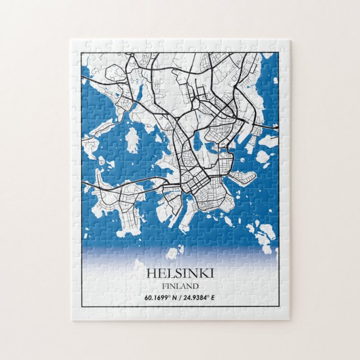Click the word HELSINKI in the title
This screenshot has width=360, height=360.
click(x=180, y=273)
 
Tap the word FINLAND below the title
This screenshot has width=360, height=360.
click(x=180, y=286)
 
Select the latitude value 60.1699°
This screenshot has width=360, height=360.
click(x=158, y=297)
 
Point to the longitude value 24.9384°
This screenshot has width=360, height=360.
click(x=196, y=297)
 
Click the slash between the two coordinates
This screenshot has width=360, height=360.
click(x=179, y=297)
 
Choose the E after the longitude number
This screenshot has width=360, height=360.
click(x=213, y=297)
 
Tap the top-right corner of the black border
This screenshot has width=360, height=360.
click(x=278, y=53)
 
